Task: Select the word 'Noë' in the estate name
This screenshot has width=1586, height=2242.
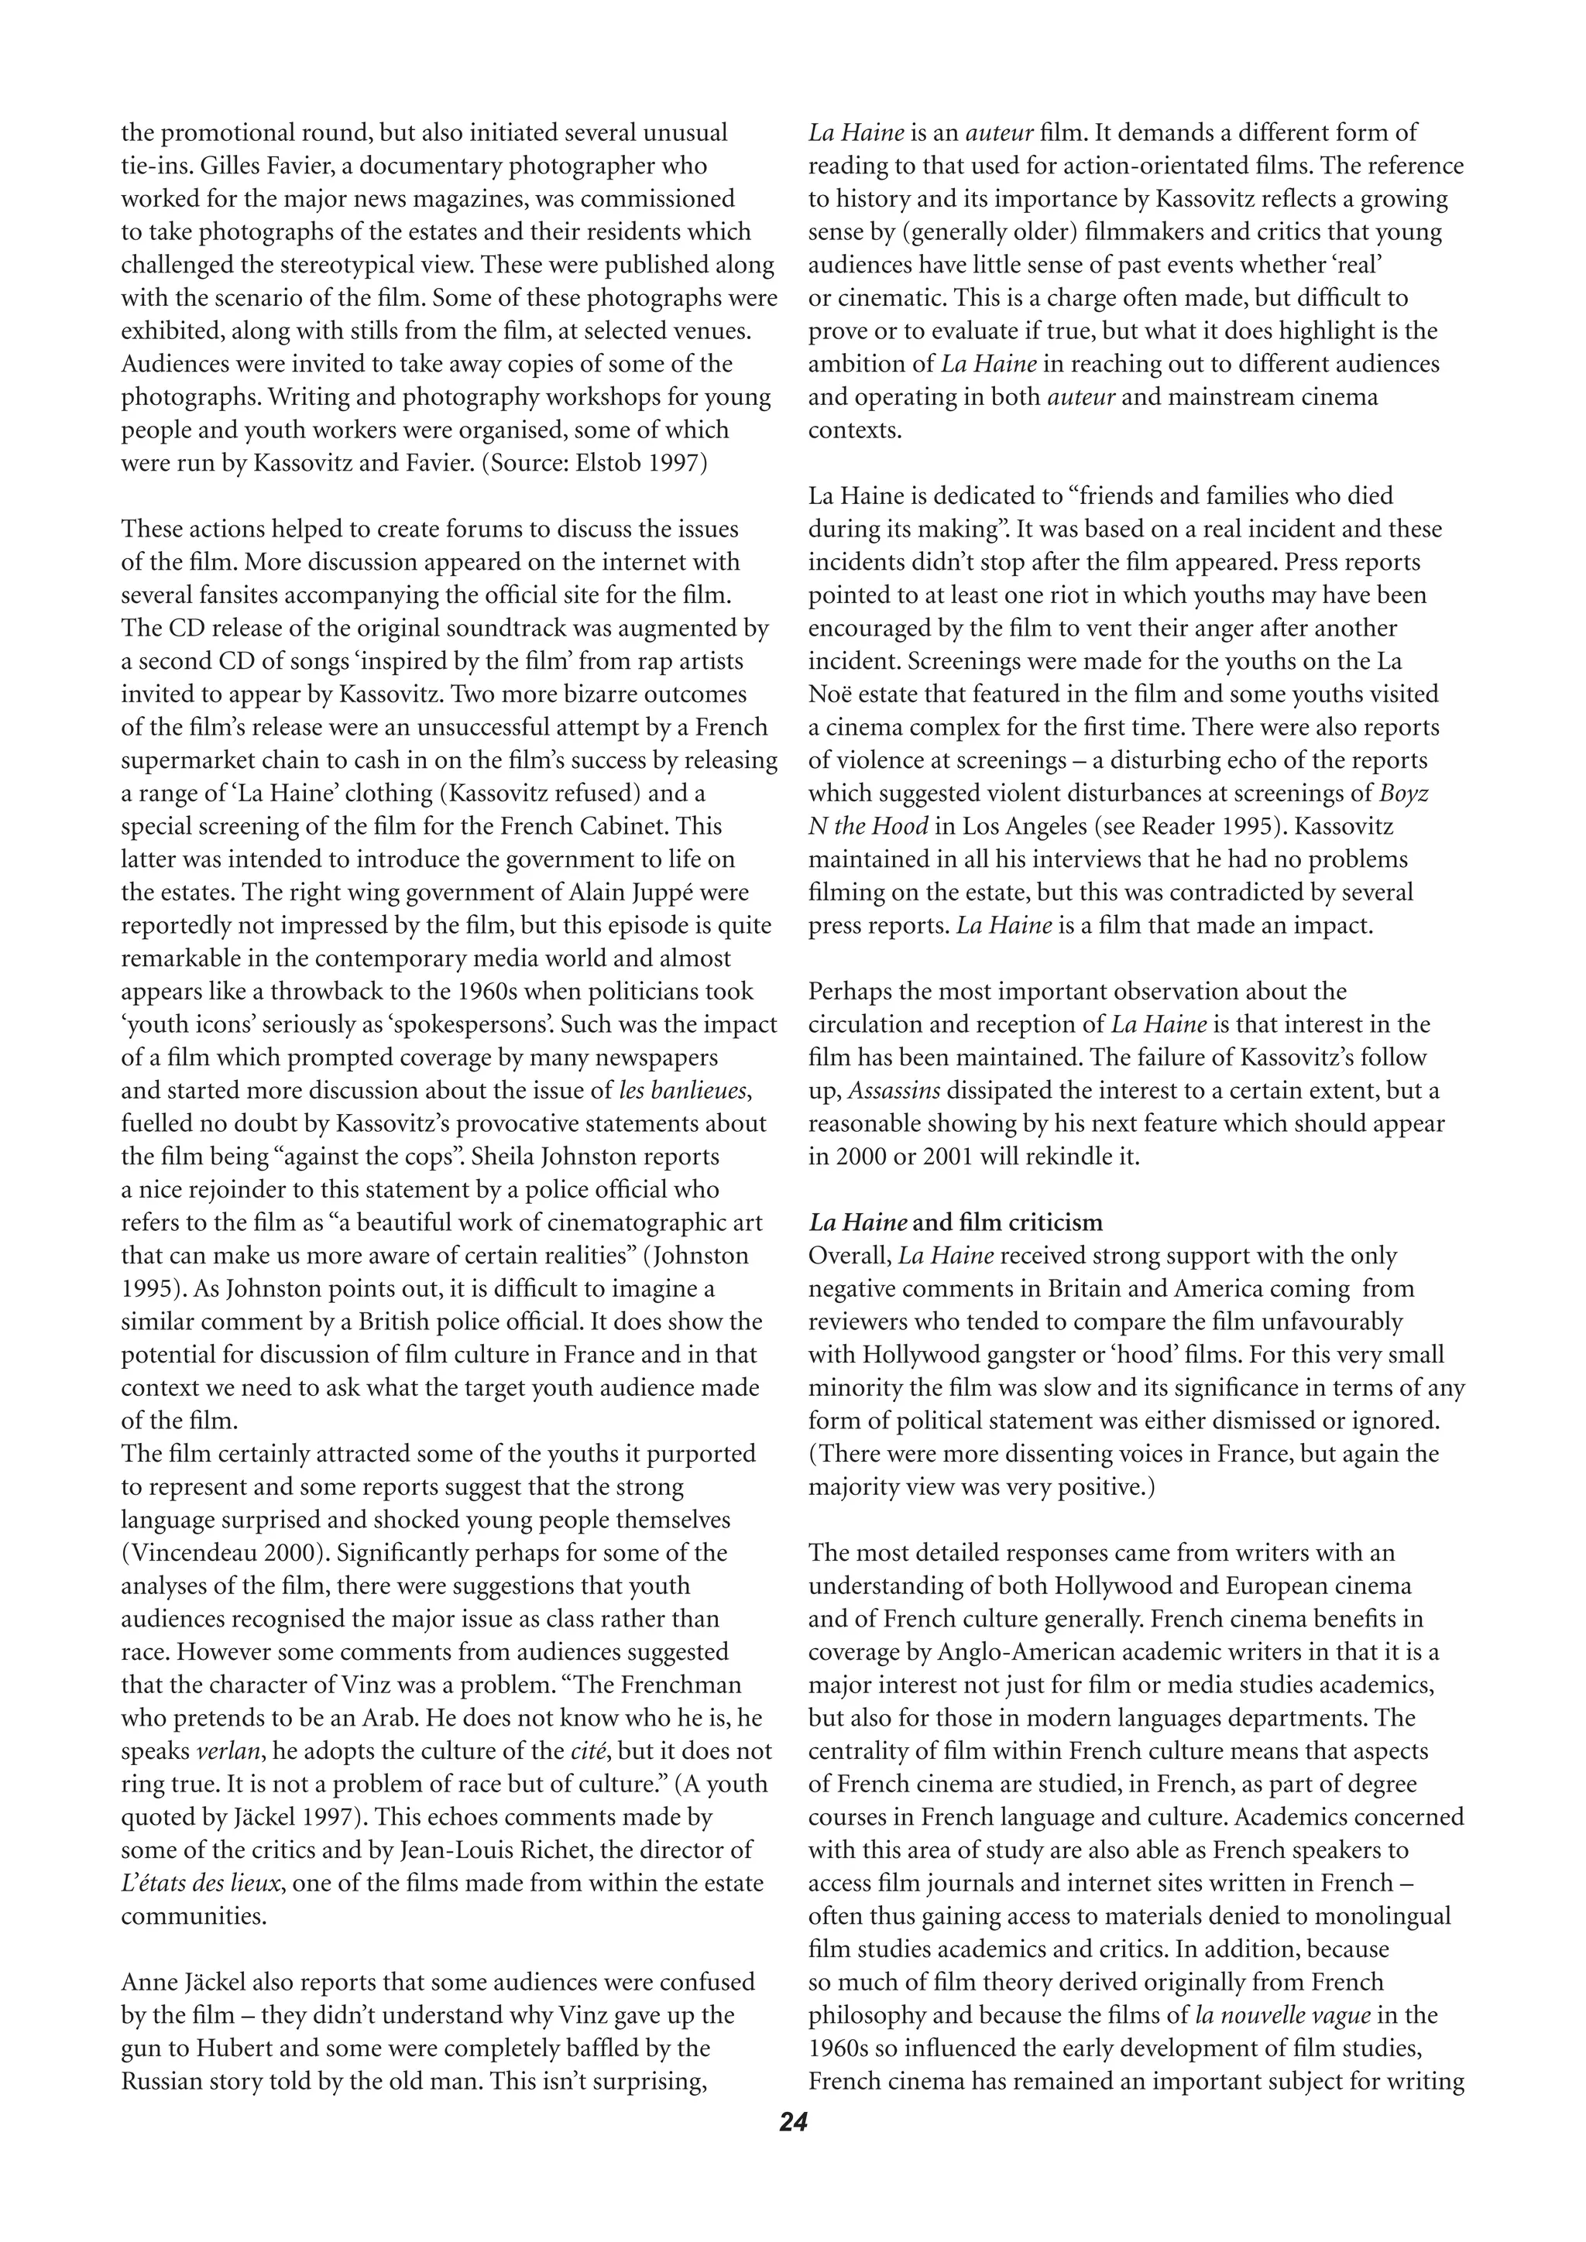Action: coord(828,694)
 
